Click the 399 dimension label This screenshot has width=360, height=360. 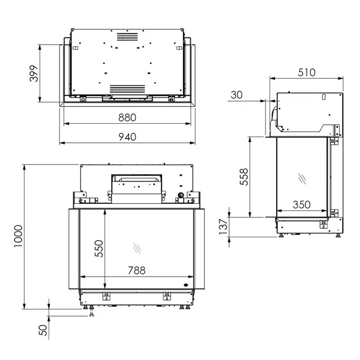click(x=34, y=73)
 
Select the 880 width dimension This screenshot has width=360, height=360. click(x=127, y=117)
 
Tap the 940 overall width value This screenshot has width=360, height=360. click(x=127, y=137)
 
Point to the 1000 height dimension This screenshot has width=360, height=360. click(x=18, y=236)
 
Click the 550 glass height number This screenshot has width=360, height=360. click(x=99, y=248)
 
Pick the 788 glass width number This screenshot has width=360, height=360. click(x=137, y=270)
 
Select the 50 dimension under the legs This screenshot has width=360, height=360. click(x=43, y=330)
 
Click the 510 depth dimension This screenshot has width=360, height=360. click(x=307, y=72)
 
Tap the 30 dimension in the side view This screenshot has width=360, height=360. click(x=237, y=95)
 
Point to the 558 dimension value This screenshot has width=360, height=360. click(x=244, y=177)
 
